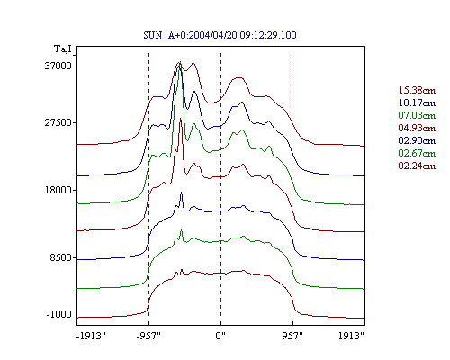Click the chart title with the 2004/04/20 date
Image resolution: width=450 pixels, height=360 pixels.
(220, 35)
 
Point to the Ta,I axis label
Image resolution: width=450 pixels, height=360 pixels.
(63, 49)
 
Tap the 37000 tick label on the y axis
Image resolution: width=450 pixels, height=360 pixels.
(58, 66)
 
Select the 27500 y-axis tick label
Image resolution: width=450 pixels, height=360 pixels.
(58, 122)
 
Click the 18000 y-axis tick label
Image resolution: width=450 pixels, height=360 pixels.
(58, 190)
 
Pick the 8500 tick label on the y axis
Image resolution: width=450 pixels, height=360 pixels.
(61, 257)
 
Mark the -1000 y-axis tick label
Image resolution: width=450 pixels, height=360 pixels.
(58, 314)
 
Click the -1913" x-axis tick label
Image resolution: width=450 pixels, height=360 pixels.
(91, 336)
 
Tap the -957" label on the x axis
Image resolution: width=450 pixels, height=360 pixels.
(148, 336)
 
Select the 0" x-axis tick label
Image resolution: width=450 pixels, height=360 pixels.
(220, 336)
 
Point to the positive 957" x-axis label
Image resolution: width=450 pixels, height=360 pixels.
(292, 336)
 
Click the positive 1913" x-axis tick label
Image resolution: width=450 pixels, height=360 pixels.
(351, 336)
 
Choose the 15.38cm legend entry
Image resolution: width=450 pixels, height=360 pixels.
(417, 90)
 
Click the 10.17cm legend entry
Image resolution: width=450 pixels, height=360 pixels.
(417, 103)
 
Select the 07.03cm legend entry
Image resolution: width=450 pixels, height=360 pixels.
(417, 115)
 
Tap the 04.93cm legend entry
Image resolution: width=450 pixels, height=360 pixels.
(417, 128)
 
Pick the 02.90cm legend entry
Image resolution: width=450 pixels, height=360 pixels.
(417, 140)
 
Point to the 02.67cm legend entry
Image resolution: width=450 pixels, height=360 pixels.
(417, 153)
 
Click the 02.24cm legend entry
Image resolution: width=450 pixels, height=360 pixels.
(417, 166)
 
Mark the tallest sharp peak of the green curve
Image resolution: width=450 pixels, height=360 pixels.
(180, 61)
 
